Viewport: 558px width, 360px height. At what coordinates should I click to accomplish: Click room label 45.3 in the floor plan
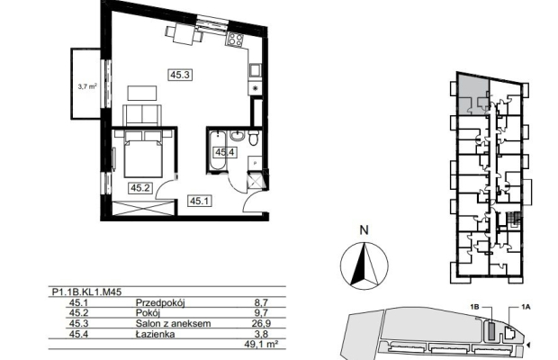click(x=180, y=75)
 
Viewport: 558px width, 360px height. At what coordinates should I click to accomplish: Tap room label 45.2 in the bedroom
click(x=139, y=187)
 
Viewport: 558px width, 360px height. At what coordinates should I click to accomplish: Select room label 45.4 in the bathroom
click(x=225, y=152)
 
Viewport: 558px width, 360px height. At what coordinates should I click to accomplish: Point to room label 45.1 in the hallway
click(x=200, y=201)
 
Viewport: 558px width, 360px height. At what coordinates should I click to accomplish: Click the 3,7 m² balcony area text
click(x=87, y=85)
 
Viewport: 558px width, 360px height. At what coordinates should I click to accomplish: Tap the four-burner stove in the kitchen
click(x=235, y=39)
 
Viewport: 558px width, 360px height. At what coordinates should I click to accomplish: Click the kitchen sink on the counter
click(x=255, y=70)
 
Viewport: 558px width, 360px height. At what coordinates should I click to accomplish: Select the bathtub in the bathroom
click(x=217, y=150)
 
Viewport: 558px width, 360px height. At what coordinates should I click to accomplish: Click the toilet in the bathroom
click(x=254, y=138)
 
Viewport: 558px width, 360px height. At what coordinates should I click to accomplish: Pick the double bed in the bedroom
click(x=143, y=154)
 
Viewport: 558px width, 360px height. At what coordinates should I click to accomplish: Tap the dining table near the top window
click(x=184, y=34)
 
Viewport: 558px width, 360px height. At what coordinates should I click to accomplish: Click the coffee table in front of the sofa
click(x=142, y=93)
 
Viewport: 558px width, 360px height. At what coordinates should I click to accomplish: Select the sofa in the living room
click(x=143, y=115)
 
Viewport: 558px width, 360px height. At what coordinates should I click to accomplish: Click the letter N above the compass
click(x=364, y=230)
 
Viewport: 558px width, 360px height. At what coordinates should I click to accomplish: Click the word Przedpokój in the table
click(x=161, y=303)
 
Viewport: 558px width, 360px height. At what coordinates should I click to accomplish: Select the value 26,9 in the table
click(x=261, y=323)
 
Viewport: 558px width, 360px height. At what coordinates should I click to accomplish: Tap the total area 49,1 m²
click(x=261, y=344)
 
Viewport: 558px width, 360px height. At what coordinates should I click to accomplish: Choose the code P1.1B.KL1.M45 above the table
click(x=86, y=292)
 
